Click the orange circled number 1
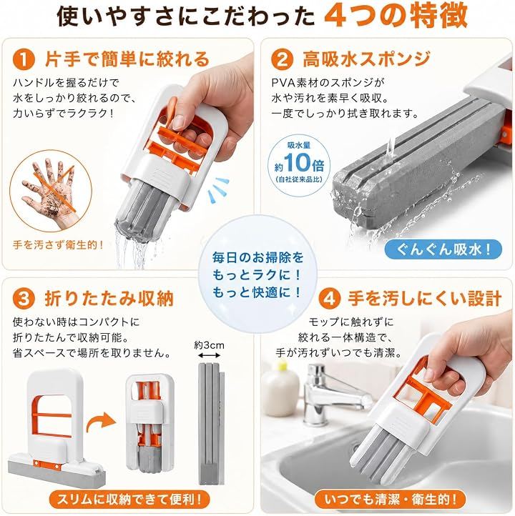[x=24, y=60]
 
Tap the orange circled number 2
[x=282, y=59]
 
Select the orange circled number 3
[x=24, y=299]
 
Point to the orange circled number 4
[x=329, y=299]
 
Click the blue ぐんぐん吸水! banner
[x=443, y=249]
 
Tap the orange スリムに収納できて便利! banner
[x=129, y=500]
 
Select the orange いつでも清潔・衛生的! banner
[x=391, y=500]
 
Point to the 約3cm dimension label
[x=209, y=345]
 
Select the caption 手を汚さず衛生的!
[x=58, y=245]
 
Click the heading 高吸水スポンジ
[x=366, y=59]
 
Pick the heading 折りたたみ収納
[x=109, y=299]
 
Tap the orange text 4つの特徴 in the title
[x=396, y=16]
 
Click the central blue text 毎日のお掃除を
[x=257, y=257]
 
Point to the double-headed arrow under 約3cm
[x=209, y=355]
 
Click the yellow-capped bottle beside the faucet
[x=280, y=388]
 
